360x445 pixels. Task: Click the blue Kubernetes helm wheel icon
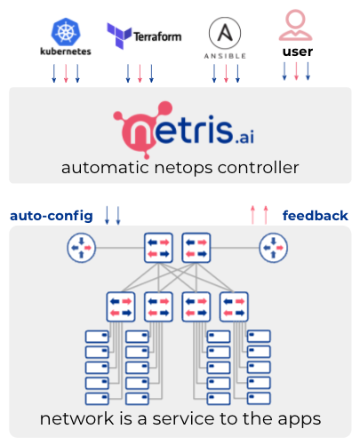[x=66, y=32]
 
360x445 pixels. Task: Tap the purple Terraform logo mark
[x=119, y=36]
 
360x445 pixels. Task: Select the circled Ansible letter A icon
[x=225, y=33]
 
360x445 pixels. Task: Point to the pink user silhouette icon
[x=295, y=25]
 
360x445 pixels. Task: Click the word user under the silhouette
[x=298, y=52]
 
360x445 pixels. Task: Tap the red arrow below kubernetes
[x=66, y=73]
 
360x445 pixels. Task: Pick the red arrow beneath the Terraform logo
[x=140, y=73]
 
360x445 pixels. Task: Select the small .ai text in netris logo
[x=244, y=137]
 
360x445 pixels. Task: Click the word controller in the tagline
[x=258, y=168]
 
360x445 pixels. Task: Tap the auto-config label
[x=52, y=216]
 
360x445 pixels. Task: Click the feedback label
[x=316, y=215]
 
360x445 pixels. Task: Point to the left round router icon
[x=81, y=248]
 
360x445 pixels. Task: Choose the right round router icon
[x=273, y=248]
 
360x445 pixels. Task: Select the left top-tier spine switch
[x=158, y=248]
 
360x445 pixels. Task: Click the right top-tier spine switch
[x=196, y=248]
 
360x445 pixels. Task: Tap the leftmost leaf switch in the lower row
[x=121, y=306]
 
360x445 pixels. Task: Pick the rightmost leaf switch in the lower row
[x=234, y=306]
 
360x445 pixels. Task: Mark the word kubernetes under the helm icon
[x=66, y=52]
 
